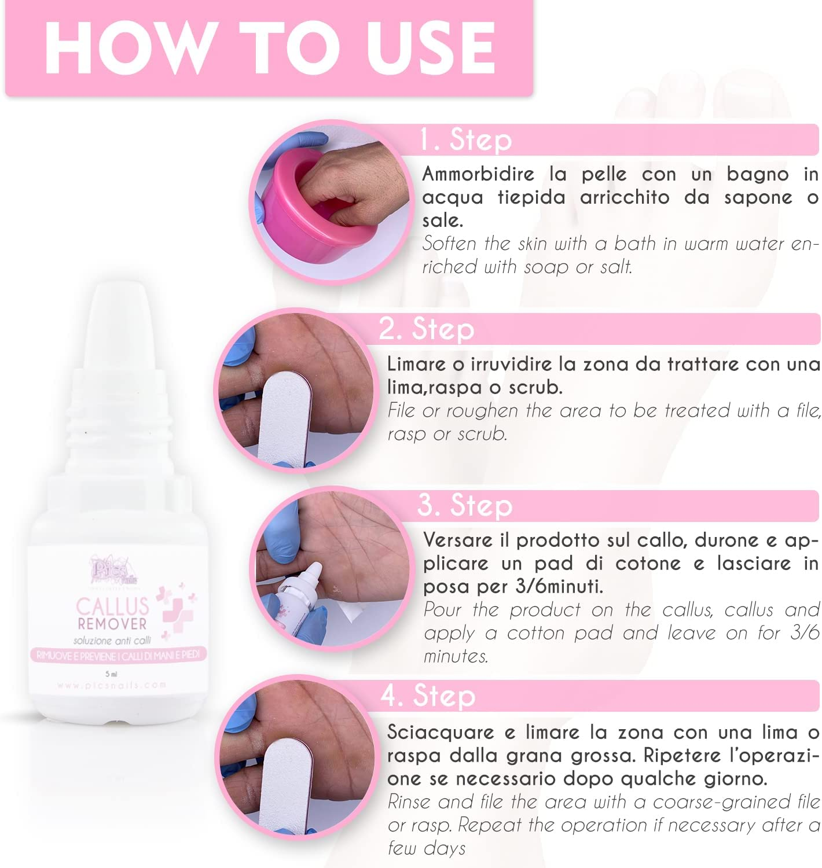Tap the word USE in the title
point(431,47)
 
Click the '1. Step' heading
point(466,140)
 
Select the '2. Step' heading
point(427,329)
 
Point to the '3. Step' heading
point(465,505)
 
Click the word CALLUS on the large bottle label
point(113,606)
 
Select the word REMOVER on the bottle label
point(112,624)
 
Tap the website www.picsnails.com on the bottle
point(112,685)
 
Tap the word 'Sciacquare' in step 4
point(440,732)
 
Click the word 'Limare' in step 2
point(417,364)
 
